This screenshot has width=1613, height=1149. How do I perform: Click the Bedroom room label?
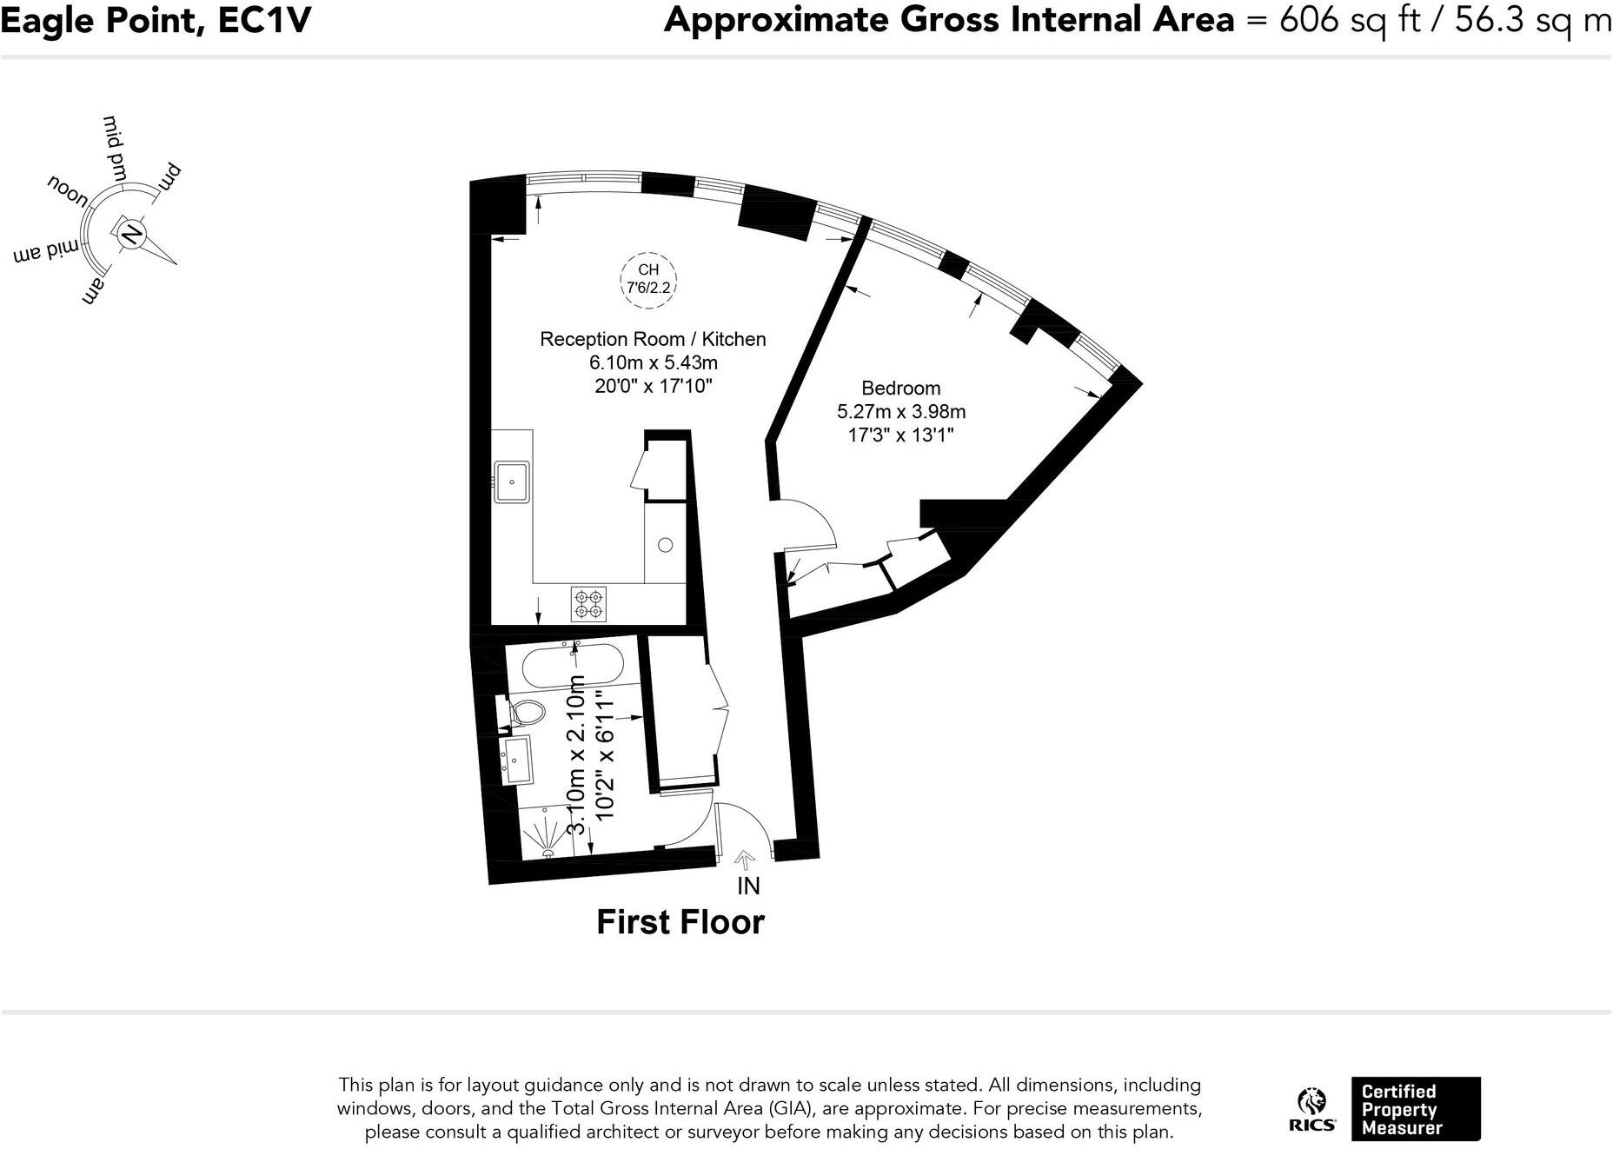(x=900, y=389)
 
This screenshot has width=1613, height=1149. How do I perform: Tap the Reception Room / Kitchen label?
(x=653, y=339)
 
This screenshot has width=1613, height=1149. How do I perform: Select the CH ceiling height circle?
(x=648, y=279)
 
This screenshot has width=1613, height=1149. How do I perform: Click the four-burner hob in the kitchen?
(x=588, y=605)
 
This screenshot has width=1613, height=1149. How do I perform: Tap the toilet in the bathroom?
(x=524, y=714)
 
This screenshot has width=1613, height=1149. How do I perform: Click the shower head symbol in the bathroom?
(x=548, y=840)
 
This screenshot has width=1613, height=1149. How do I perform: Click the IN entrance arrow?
(x=745, y=860)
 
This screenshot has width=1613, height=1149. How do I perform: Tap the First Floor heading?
(x=680, y=922)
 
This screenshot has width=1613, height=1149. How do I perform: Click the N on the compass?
(x=131, y=235)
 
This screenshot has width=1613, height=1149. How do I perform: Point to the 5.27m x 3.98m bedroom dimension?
(x=900, y=412)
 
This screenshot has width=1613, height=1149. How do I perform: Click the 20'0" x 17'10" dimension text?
(x=653, y=386)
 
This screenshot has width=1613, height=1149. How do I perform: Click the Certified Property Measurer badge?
(x=1415, y=1109)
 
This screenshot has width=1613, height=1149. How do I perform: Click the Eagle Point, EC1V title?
(x=156, y=21)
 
